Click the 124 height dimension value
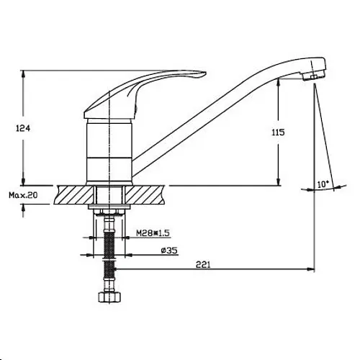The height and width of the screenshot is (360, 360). (x=23, y=128)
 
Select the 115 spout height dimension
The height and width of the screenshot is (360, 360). (x=278, y=132)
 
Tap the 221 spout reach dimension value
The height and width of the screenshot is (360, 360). (x=203, y=264)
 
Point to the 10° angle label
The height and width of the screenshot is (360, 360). (x=323, y=184)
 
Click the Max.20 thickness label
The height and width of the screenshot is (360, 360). (x=23, y=195)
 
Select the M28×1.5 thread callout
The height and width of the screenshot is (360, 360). (x=153, y=233)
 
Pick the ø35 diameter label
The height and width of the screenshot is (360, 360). (x=169, y=251)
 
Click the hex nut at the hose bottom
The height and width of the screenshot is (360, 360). (x=109, y=297)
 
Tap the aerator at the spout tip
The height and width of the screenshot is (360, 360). (x=313, y=76)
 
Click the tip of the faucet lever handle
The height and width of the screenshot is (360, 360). (x=205, y=73)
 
